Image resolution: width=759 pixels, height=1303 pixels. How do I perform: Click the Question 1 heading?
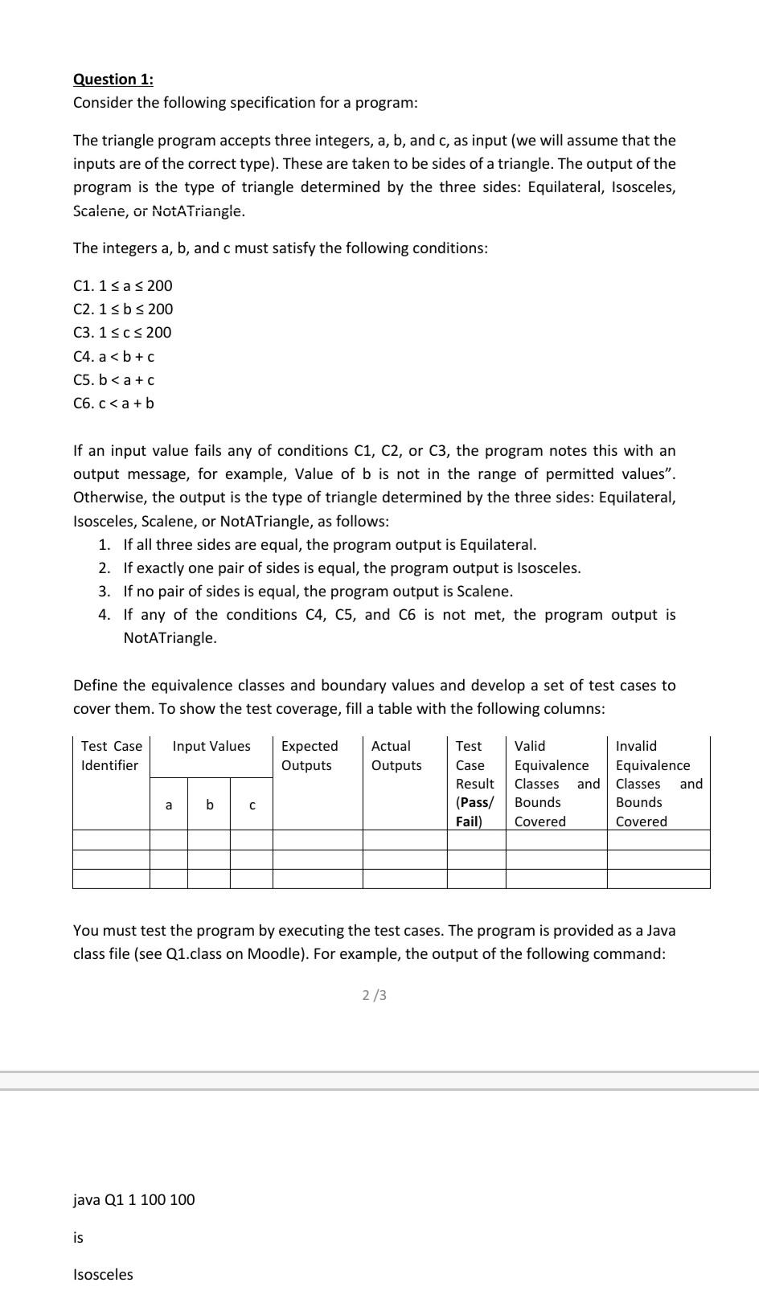(113, 79)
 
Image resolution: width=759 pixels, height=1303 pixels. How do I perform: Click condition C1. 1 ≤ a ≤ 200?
(122, 285)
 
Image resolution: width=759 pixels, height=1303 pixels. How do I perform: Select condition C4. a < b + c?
(113, 356)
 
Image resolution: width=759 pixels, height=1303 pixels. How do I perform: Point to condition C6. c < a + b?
(113, 403)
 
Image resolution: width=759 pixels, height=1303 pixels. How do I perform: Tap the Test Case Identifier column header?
(111, 756)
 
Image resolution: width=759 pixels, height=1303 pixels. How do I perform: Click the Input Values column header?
(211, 746)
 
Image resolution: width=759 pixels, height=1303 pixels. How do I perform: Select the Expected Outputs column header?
(309, 756)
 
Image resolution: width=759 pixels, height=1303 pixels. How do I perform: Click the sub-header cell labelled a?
(168, 804)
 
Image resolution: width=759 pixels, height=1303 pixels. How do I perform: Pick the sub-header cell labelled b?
(209, 804)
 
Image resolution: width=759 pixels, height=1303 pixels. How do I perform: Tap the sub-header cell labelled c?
(252, 804)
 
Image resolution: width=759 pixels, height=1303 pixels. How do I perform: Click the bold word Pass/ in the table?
(474, 802)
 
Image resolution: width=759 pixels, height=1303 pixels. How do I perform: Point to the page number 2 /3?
(374, 995)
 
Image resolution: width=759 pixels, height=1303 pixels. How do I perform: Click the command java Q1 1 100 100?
(133, 1199)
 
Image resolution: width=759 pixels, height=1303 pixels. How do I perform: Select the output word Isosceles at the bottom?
(103, 1274)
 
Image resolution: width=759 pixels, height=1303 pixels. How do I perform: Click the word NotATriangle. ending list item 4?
(170, 637)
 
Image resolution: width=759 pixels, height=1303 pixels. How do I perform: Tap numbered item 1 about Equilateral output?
(330, 544)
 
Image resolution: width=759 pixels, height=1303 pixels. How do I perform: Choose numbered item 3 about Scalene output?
(318, 591)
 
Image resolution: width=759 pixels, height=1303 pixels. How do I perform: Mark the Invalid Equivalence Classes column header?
(658, 783)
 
